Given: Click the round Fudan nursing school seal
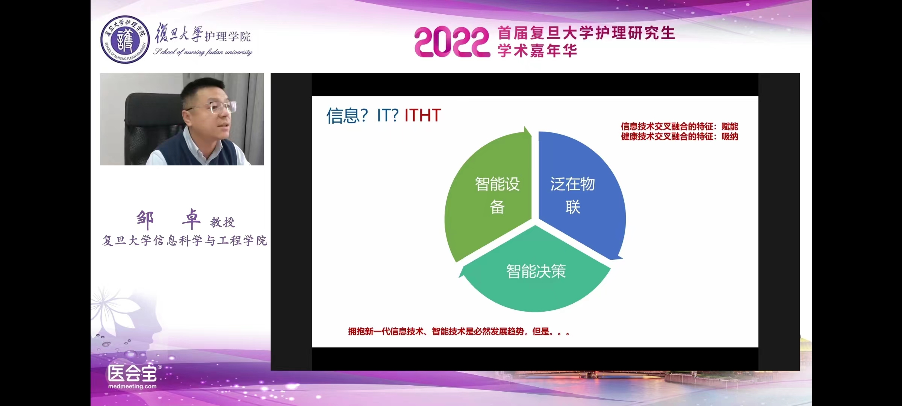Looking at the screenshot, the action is click(x=125, y=39).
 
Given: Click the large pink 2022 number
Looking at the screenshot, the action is click(x=452, y=42).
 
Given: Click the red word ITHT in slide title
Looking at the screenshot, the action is click(x=422, y=115).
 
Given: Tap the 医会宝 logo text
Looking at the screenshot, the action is click(x=132, y=373).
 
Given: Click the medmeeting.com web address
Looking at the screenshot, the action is click(x=132, y=386).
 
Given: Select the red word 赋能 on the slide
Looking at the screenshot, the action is click(x=729, y=126).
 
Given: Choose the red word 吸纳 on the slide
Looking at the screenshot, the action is click(x=729, y=136).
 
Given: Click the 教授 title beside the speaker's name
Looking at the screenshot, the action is click(x=222, y=222).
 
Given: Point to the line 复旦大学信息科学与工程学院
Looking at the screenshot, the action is click(x=185, y=241).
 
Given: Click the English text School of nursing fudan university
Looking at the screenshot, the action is click(x=203, y=52).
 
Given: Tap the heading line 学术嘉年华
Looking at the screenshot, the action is click(x=537, y=51).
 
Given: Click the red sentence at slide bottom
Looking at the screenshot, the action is click(x=459, y=332).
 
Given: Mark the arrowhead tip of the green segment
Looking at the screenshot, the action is click(x=525, y=127).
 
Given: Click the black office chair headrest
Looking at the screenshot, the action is click(x=154, y=105).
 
